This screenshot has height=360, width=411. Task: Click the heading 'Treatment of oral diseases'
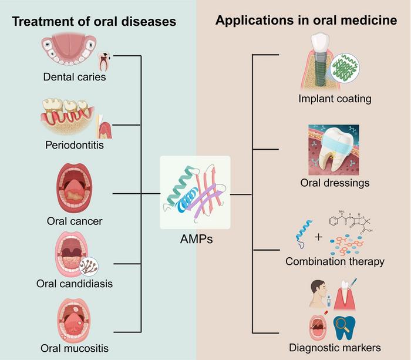[94, 22]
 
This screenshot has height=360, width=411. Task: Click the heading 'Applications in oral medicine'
[306, 21]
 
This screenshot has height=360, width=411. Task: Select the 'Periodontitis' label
[74, 144]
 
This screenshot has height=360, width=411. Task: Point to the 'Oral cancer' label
[75, 221]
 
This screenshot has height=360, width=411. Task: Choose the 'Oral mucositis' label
[75, 348]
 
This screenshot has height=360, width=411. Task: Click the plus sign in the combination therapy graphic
[319, 237]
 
